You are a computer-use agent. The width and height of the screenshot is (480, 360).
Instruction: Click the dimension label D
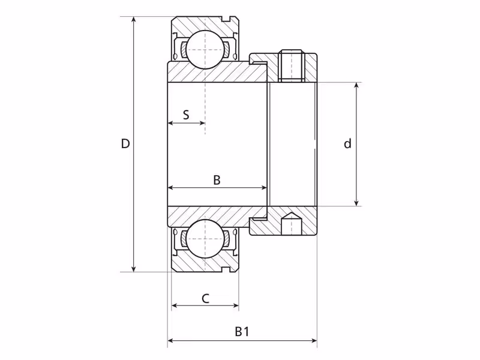point(125,143)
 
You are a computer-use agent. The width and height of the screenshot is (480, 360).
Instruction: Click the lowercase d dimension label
point(347,143)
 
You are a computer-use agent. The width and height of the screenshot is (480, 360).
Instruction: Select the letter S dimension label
point(186,115)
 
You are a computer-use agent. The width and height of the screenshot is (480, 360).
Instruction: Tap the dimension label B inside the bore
point(217,180)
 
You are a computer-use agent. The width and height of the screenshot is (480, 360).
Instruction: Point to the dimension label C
point(205,298)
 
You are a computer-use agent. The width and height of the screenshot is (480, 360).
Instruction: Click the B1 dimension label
point(242,331)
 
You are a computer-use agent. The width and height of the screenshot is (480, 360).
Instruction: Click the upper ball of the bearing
point(205,50)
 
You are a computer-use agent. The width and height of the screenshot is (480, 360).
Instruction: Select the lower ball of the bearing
point(205,238)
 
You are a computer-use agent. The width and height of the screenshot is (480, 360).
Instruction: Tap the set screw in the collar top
point(291,65)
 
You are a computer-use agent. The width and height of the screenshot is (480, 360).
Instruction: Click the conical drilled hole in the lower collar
point(290,223)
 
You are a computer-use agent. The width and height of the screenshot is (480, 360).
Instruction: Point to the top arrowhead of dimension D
point(133,20)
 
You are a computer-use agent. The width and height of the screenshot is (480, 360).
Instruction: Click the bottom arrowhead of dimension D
point(133,268)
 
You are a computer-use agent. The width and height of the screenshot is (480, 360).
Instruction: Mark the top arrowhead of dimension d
point(356,86)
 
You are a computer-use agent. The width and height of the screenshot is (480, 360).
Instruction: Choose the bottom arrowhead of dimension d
point(356,203)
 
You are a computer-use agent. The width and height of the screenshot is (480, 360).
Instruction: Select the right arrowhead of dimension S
point(202,123)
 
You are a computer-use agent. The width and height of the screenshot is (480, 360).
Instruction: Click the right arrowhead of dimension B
point(263,187)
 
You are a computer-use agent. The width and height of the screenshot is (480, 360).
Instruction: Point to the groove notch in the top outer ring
point(227,19)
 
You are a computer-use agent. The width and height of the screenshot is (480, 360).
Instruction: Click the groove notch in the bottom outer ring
point(227,269)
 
